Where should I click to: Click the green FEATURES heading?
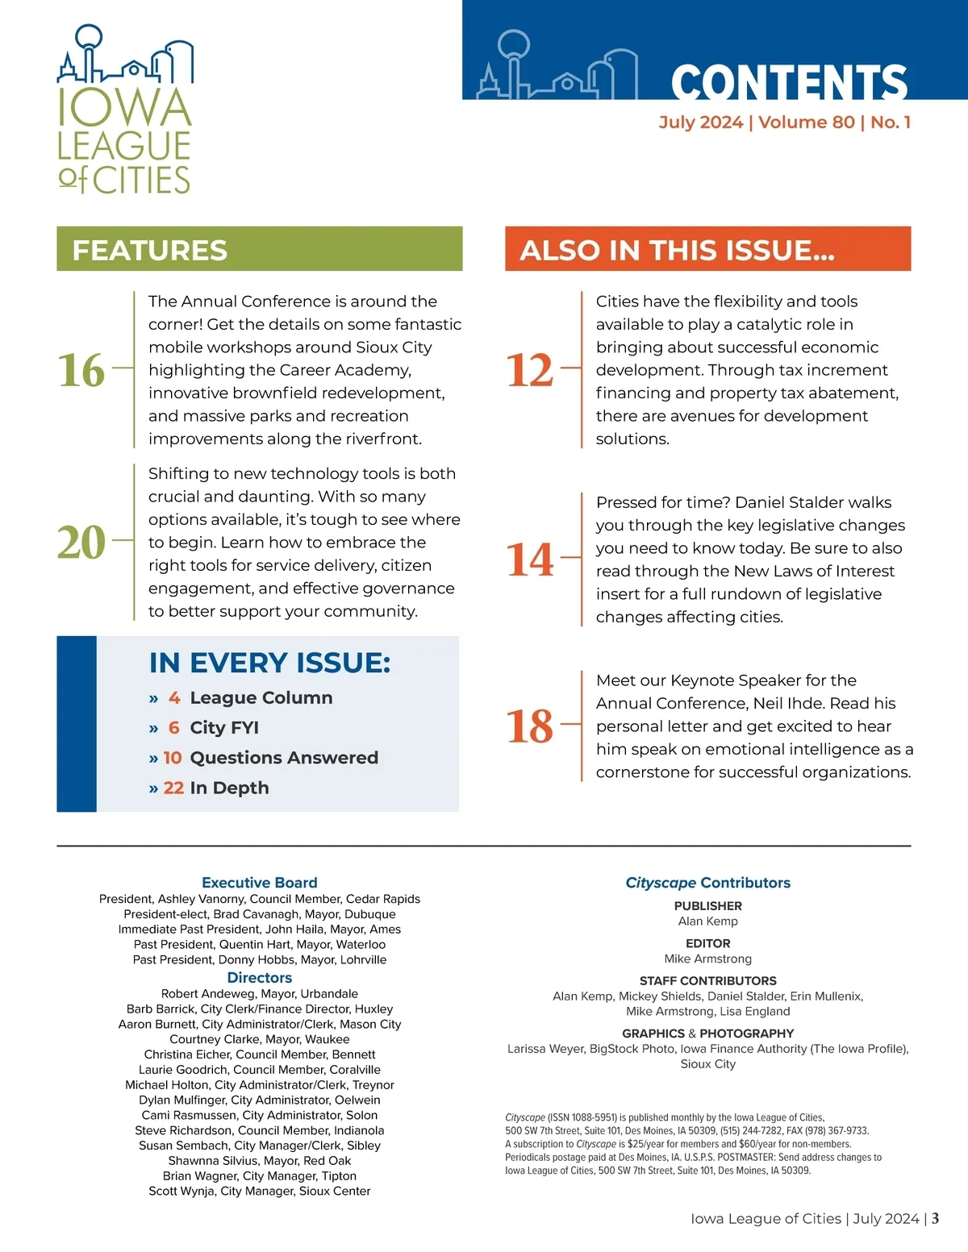click(150, 250)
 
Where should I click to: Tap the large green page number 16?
click(81, 370)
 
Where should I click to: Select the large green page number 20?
click(81, 543)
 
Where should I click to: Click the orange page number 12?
click(530, 370)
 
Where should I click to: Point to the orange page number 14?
click(530, 559)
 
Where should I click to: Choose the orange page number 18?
click(530, 726)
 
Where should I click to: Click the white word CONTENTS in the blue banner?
click(789, 83)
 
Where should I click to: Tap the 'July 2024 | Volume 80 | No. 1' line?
click(784, 123)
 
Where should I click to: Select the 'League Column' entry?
click(261, 698)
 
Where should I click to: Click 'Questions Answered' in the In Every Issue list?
click(284, 758)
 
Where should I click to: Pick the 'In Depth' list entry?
click(229, 788)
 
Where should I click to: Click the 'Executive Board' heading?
click(260, 883)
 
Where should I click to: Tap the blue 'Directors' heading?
click(260, 978)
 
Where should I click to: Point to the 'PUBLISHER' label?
click(707, 906)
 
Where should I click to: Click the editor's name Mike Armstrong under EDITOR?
click(707, 959)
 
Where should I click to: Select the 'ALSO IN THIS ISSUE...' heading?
click(678, 250)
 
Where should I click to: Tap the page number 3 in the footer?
click(935, 1219)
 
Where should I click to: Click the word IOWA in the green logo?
click(124, 108)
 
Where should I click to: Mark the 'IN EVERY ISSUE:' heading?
click(269, 663)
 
